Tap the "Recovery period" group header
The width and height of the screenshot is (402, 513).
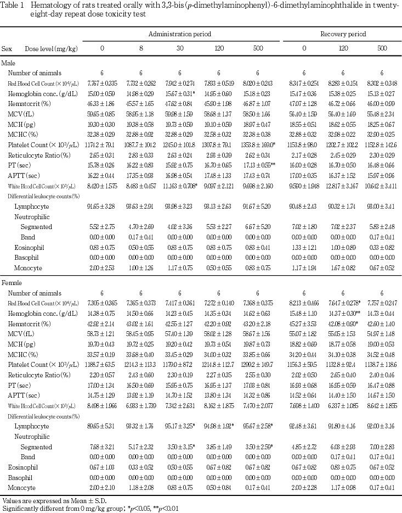[x=343, y=34]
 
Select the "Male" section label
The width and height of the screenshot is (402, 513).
[x=8, y=63]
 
